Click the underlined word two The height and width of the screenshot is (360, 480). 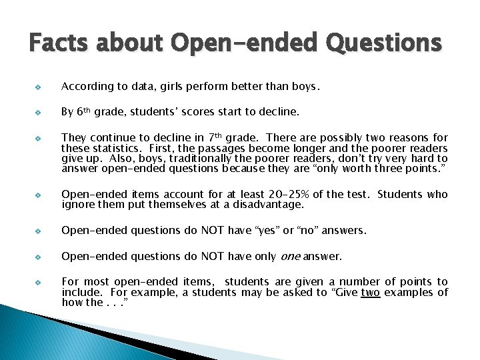point(371,293)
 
